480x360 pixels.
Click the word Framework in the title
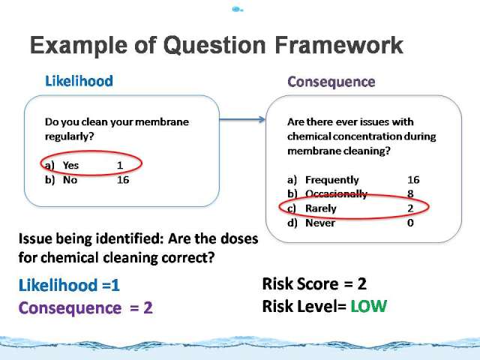(339, 45)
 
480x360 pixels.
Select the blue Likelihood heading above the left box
(79, 81)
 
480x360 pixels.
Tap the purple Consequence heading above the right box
(331, 82)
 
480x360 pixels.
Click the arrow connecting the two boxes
(242, 119)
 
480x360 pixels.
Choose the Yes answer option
(70, 165)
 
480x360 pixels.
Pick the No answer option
(70, 180)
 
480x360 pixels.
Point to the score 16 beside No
(123, 180)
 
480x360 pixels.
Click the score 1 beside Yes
(120, 165)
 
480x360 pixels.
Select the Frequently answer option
(332, 180)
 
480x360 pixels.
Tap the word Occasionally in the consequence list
(337, 194)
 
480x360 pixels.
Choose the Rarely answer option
(321, 208)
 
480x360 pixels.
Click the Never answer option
(320, 223)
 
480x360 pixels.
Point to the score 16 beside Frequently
(413, 180)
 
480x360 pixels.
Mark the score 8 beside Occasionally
(410, 193)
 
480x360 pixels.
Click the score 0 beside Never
(410, 223)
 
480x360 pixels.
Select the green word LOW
(368, 306)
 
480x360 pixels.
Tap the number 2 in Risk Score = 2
(361, 283)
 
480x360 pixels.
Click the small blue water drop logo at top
(238, 10)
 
